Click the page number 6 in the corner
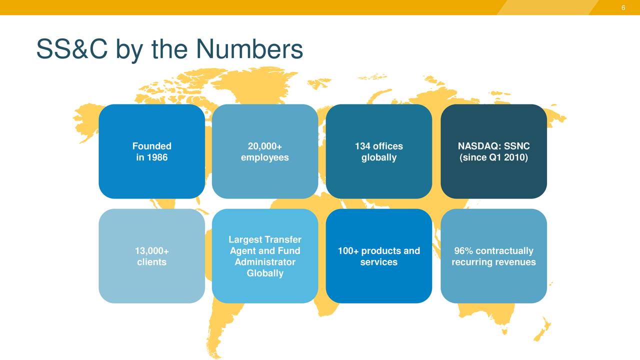[623, 7]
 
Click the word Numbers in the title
[249, 49]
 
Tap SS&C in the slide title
[71, 49]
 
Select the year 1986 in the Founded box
[157, 157]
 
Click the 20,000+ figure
[264, 146]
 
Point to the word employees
[264, 157]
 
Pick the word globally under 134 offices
[378, 157]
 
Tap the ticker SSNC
[517, 146]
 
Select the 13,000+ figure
[151, 251]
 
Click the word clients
[151, 262]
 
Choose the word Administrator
[264, 262]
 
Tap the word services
[378, 262]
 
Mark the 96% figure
[463, 251]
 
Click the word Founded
[151, 146]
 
